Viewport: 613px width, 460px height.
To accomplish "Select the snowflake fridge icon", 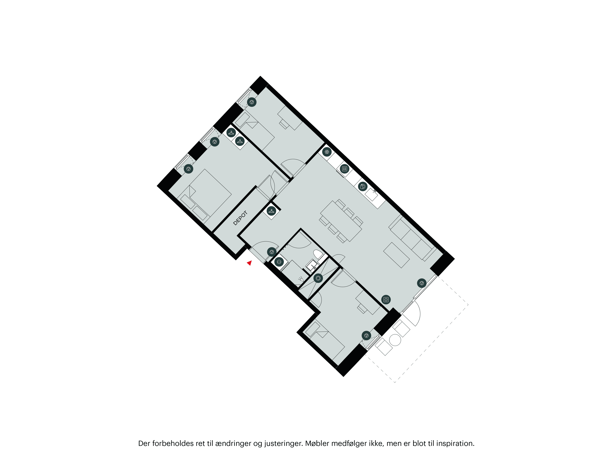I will click(327, 152).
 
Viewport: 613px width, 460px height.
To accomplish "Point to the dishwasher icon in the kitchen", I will click(363, 187).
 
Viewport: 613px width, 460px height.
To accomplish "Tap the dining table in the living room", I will click(341, 221).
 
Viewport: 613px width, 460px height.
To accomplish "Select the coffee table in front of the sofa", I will click(396, 255).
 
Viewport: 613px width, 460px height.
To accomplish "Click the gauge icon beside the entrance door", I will click(272, 252).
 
